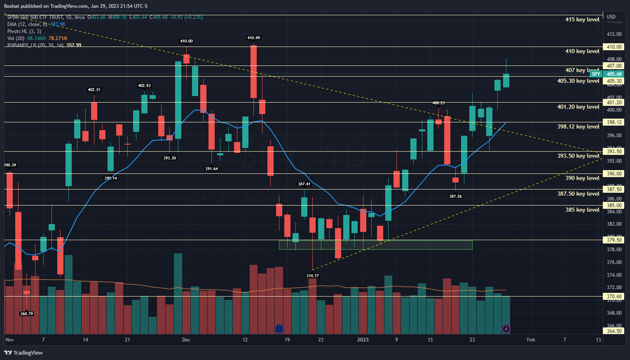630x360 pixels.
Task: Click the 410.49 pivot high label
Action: (x=254, y=38)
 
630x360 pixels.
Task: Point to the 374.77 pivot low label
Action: (x=312, y=275)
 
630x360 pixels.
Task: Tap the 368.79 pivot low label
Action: (x=27, y=314)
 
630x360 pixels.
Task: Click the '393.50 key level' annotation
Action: (x=578, y=156)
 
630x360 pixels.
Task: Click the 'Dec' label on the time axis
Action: (x=185, y=340)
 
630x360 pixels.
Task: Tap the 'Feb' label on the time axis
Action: (x=530, y=340)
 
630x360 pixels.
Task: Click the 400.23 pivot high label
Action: (x=438, y=103)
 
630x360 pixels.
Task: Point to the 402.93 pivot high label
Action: (x=144, y=86)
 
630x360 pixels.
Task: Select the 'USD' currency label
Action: (x=611, y=17)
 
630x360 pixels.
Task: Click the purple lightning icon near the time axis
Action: (x=506, y=329)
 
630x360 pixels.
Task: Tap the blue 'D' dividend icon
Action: (x=279, y=329)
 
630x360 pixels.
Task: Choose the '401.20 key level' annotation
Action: (x=578, y=107)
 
